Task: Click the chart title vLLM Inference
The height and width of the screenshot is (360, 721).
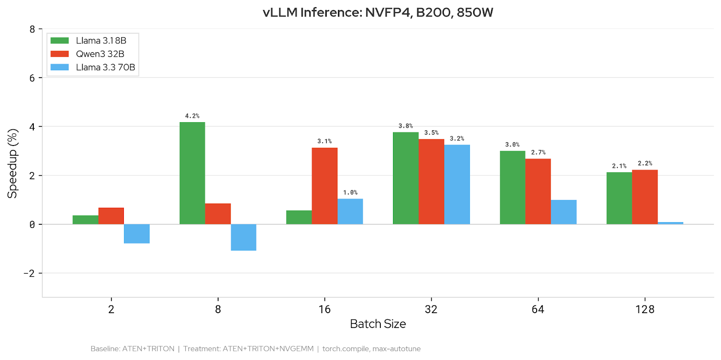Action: pyautogui.click(x=378, y=12)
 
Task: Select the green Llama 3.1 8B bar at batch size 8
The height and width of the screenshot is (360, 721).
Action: pyautogui.click(x=192, y=173)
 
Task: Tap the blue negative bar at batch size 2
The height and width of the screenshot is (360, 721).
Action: pyautogui.click(x=137, y=233)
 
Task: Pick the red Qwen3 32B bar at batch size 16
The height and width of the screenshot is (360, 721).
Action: pyautogui.click(x=324, y=186)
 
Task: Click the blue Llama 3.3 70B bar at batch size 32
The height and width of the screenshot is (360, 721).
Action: pyautogui.click(x=457, y=184)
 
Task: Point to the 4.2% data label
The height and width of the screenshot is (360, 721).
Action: pyautogui.click(x=192, y=116)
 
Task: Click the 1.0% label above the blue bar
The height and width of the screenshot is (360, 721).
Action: pyautogui.click(x=350, y=192)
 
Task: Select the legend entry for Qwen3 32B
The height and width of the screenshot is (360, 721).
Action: pyautogui.click(x=100, y=54)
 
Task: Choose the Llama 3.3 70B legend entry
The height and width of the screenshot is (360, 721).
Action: pyautogui.click(x=105, y=68)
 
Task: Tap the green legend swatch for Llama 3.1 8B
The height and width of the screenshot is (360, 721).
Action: pyautogui.click(x=59, y=41)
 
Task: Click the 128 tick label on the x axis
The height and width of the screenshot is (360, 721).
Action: pyautogui.click(x=644, y=310)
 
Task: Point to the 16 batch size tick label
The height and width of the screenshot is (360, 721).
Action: pyautogui.click(x=324, y=310)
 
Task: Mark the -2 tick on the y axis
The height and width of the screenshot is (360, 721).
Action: pyautogui.click(x=29, y=273)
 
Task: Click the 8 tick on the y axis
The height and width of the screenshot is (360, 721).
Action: pyautogui.click(x=32, y=29)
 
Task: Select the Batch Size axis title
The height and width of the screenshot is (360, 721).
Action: pyautogui.click(x=378, y=324)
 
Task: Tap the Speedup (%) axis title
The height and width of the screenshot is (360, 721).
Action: pyautogui.click(x=12, y=164)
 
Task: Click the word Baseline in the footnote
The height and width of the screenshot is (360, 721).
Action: pyautogui.click(x=105, y=349)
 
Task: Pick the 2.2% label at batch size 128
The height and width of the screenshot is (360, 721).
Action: pyautogui.click(x=644, y=163)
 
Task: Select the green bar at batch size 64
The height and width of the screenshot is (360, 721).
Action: pyautogui.click(x=512, y=187)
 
